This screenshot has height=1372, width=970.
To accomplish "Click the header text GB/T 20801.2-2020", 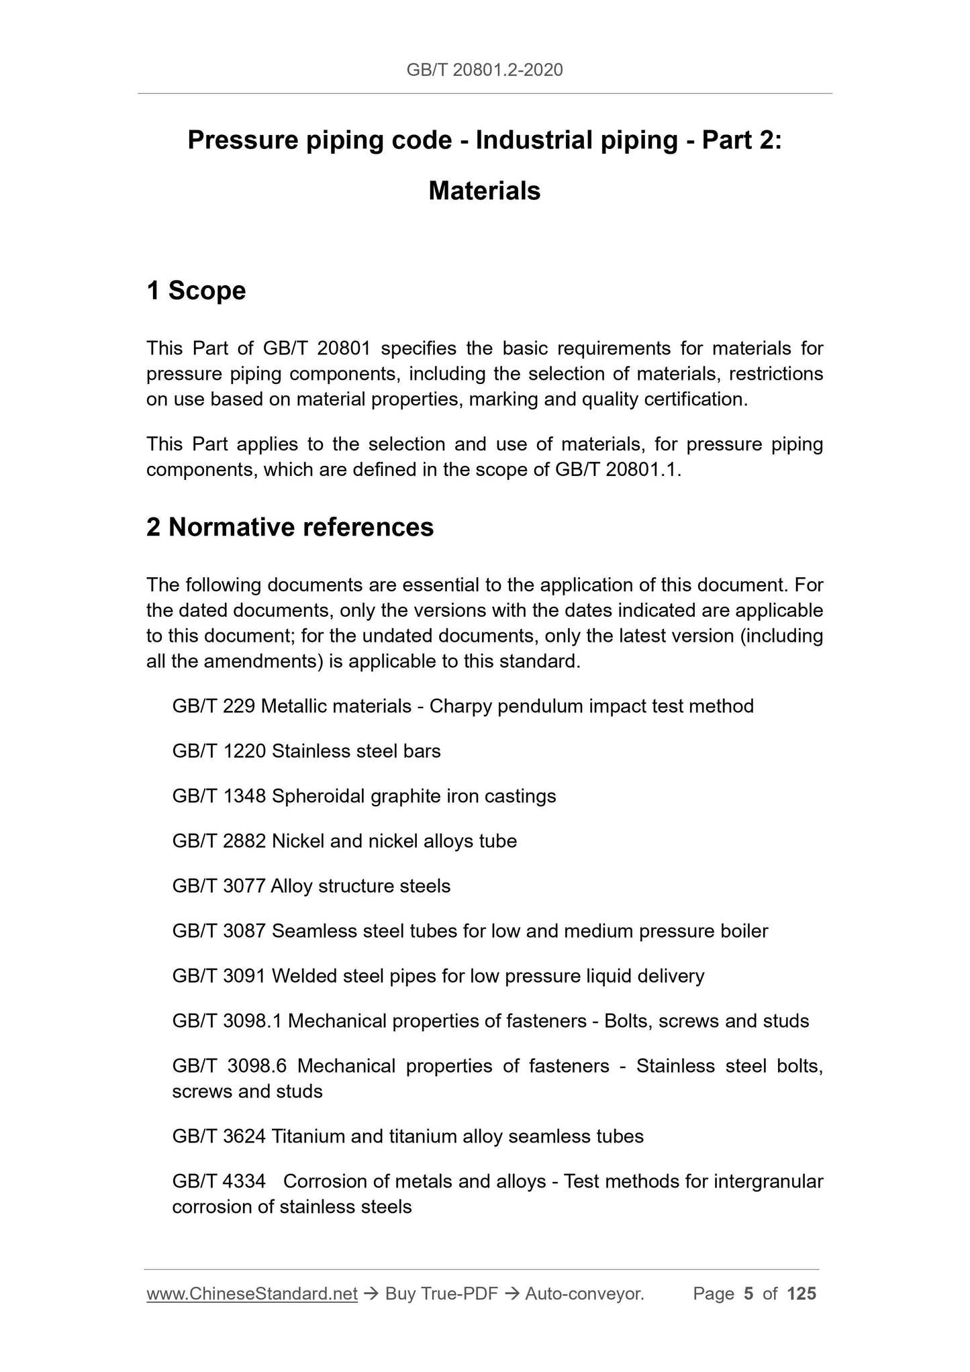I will click(x=485, y=69).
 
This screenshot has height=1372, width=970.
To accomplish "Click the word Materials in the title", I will click(x=485, y=191).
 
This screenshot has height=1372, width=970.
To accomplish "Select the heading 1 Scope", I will click(x=196, y=291).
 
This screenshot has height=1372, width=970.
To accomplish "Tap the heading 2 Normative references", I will click(x=290, y=528).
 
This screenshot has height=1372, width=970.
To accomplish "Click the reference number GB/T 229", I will click(x=213, y=706).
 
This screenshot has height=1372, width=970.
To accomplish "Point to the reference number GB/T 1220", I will click(x=219, y=751).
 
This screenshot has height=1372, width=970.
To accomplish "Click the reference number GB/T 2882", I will click(x=219, y=841).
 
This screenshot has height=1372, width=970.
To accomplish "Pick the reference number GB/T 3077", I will click(x=219, y=886).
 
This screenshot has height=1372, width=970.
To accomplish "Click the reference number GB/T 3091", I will click(x=219, y=976).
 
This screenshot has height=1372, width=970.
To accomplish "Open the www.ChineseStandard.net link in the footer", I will click(x=252, y=1294).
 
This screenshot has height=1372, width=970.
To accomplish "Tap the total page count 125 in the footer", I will click(x=802, y=1294).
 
